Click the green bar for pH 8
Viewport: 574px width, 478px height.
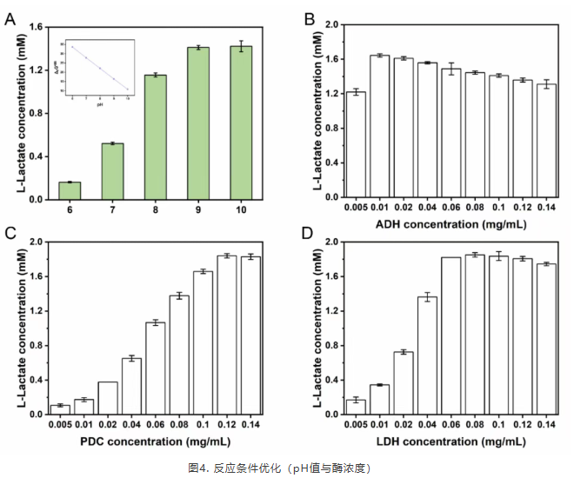tap(156, 137)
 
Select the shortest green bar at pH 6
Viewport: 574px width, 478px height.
tap(70, 190)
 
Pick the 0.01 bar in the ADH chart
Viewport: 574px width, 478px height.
tap(379, 126)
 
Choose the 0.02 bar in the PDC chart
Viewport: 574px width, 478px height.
tap(108, 398)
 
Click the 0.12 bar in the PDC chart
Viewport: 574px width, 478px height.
tap(227, 335)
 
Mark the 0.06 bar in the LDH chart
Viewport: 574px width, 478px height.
tap(451, 335)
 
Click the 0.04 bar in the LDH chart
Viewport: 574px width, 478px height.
tap(427, 355)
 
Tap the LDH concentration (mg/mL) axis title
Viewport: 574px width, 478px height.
tap(450, 441)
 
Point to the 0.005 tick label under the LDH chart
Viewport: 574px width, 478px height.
tap(356, 426)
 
